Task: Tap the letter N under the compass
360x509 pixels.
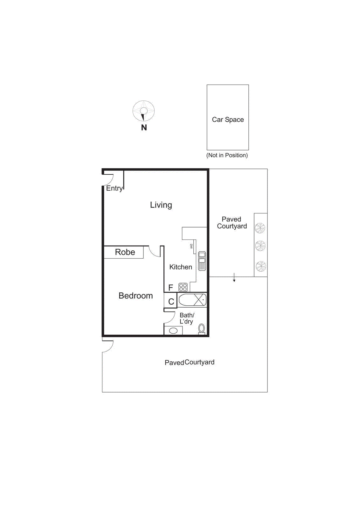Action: (144, 128)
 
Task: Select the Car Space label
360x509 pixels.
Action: (228, 120)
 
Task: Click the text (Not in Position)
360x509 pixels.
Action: (227, 155)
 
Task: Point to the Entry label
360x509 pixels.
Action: (114, 188)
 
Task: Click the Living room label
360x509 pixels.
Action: (161, 205)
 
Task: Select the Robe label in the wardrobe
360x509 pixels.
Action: (125, 252)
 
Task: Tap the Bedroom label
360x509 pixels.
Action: (135, 296)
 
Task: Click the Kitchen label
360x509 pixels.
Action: (181, 267)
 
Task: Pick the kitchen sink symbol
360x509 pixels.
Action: (202, 261)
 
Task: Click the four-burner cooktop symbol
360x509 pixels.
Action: (183, 287)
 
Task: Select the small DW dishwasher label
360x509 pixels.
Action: (191, 246)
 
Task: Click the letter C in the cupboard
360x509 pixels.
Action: (171, 302)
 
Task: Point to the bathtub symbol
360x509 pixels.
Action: (192, 300)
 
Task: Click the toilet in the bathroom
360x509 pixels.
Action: (202, 329)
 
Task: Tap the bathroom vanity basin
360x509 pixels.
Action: (173, 331)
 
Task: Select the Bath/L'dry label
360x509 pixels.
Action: (187, 318)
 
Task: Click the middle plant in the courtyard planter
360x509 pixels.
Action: (260, 246)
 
